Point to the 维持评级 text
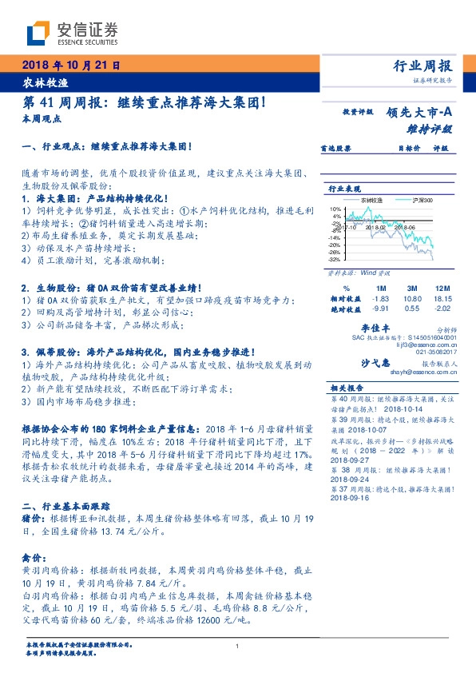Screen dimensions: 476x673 pyautogui.click(x=431, y=128)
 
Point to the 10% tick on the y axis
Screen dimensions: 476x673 pyautogui.click(x=336, y=208)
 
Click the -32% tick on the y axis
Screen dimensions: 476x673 pyautogui.click(x=335, y=259)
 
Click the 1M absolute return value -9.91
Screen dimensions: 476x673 pyautogui.click(x=380, y=307)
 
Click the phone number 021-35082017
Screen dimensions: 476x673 pyautogui.click(x=436, y=350)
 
